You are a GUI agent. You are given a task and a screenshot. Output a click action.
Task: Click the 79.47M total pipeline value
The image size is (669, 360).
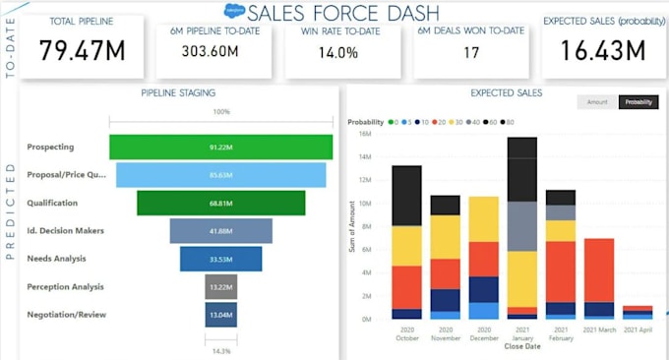(82, 49)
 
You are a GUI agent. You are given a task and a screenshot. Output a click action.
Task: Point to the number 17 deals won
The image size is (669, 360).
(471, 52)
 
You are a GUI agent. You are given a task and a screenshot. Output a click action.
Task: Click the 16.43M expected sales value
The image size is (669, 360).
(602, 49)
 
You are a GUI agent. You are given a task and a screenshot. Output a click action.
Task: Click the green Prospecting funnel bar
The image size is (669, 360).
(220, 147)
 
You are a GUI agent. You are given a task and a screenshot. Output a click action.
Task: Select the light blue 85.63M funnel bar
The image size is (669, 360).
(220, 175)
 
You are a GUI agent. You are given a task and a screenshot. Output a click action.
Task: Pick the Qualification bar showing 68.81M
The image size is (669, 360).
(220, 203)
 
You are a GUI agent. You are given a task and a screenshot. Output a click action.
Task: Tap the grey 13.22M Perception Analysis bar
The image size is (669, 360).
(220, 287)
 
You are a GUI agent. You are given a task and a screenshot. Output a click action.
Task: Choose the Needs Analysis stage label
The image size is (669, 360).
(56, 259)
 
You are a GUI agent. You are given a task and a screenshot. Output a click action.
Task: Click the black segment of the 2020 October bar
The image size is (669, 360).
(406, 195)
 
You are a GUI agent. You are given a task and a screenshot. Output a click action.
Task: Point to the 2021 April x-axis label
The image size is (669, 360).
(637, 330)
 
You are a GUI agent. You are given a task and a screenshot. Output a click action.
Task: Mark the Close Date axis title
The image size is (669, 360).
(521, 346)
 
